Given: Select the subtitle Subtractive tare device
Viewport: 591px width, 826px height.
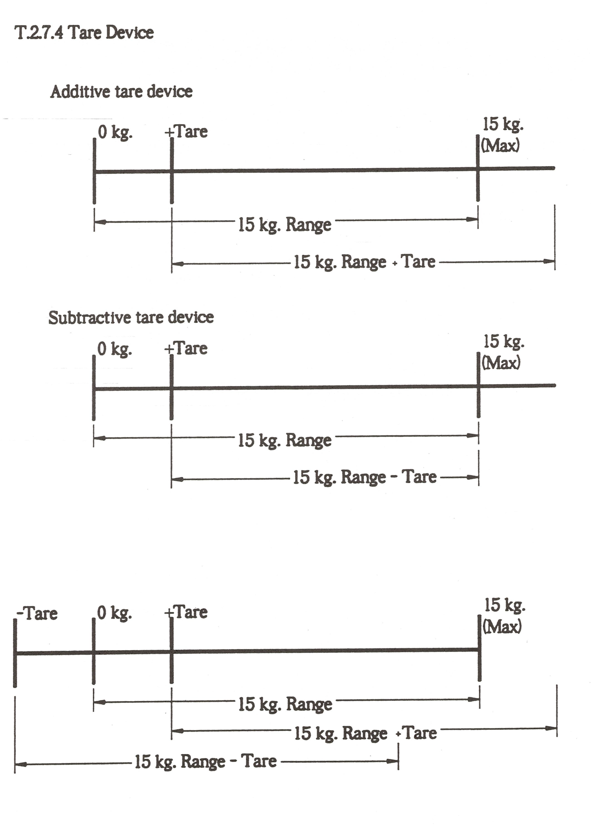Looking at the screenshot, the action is point(131,317).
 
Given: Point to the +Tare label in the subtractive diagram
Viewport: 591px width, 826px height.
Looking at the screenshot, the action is point(186,348).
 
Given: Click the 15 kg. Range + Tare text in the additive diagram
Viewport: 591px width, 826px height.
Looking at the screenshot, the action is point(365,262).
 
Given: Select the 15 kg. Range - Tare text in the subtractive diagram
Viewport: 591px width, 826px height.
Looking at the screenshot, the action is point(365,477).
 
